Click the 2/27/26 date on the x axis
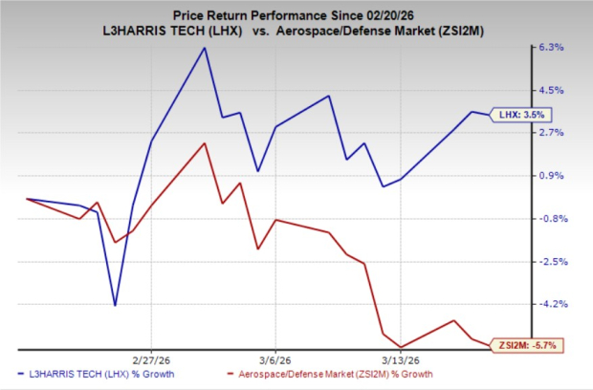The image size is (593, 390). [x=152, y=360]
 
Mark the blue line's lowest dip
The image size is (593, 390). [x=116, y=305]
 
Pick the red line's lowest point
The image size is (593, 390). [x=401, y=347]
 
